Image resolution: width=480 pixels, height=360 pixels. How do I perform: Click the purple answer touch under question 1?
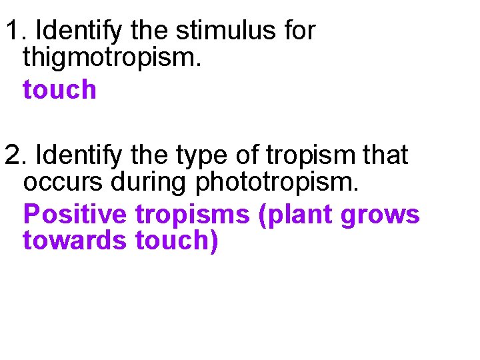(x=59, y=89)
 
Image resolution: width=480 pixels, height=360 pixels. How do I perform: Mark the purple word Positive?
(x=75, y=215)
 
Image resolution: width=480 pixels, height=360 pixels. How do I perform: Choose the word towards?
(x=75, y=241)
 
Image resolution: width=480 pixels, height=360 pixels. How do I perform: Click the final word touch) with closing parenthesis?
(x=177, y=241)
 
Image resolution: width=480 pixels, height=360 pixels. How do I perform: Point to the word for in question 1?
(x=297, y=31)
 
